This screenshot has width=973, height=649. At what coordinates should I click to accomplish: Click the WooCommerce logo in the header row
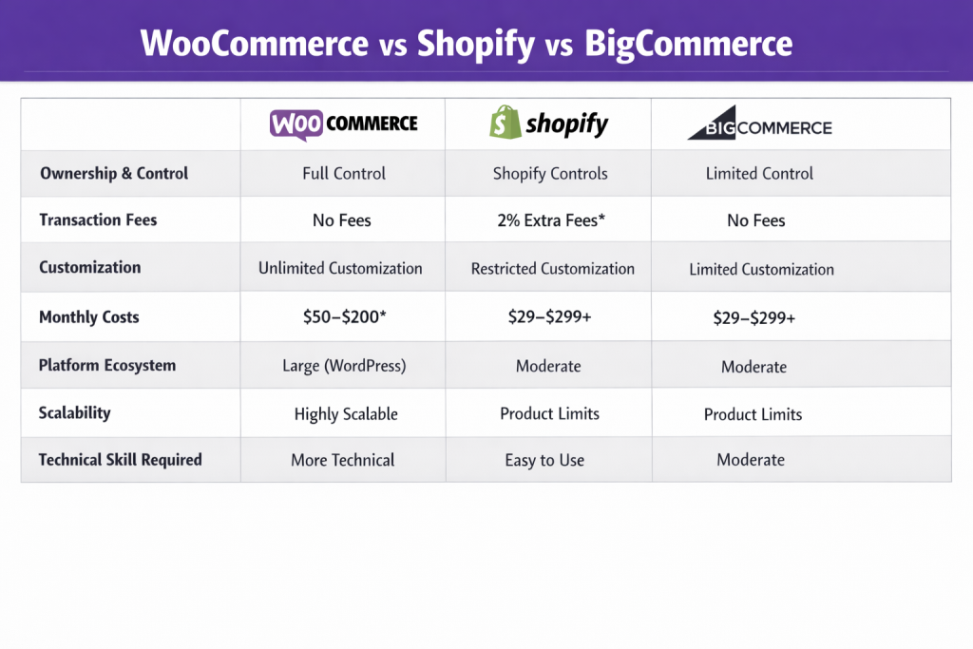coord(343,124)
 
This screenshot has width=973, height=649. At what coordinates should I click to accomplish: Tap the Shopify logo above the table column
coord(548,124)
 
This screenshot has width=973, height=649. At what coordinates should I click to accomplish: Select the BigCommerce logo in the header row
coord(759,127)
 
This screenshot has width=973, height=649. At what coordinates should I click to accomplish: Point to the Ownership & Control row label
coord(114,173)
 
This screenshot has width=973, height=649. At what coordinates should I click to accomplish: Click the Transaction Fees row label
coord(98,220)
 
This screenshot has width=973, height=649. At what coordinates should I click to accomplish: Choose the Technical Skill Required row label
coord(120,459)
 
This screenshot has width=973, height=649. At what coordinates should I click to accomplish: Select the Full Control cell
coord(344,174)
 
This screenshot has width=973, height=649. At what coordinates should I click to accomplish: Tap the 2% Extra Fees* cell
coord(550,220)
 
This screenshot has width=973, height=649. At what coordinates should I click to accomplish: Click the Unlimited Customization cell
coord(340,268)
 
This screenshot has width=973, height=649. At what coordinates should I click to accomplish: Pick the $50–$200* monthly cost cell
coord(343,317)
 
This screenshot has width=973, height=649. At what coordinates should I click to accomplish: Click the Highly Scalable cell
coord(346,413)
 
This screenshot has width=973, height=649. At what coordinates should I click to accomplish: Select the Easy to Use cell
coord(544,460)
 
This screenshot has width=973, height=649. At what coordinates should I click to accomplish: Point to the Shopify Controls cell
coord(550,174)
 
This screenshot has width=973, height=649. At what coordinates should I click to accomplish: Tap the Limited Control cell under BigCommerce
coord(759,174)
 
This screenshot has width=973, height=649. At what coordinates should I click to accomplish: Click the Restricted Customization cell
coord(552,269)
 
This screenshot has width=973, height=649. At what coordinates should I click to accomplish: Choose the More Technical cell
coord(342,460)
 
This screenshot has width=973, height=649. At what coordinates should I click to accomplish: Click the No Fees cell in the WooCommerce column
coord(342,220)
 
